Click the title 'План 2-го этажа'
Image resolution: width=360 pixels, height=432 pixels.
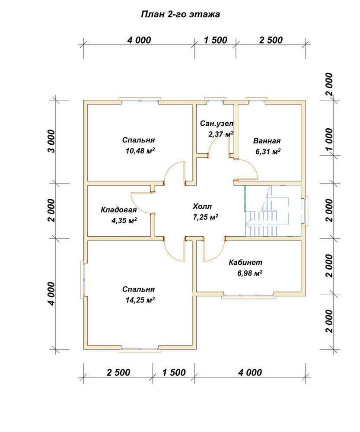tap(180, 14)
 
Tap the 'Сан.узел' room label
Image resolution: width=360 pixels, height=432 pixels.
tap(217, 124)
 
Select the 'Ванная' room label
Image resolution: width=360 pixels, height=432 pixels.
tap(267, 141)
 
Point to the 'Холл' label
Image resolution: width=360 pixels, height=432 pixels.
tap(202, 206)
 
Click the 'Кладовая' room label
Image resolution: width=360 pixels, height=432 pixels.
tap(118, 210)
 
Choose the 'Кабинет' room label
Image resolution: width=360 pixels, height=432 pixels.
tap(245, 262)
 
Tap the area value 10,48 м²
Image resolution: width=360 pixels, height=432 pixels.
tap(140, 151)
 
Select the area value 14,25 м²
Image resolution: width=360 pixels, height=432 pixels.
tap(140, 300)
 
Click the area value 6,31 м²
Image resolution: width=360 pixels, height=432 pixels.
tap(268, 152)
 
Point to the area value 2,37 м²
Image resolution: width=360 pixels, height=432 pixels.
tap(221, 134)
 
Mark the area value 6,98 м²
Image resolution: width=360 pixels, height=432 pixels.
tap(250, 273)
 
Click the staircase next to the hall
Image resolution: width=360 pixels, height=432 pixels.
tap(273, 211)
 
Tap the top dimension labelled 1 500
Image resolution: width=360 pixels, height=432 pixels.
tap(216, 40)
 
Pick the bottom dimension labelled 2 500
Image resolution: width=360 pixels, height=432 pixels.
tap(118, 372)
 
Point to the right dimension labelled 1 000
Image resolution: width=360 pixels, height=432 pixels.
tap(330, 140)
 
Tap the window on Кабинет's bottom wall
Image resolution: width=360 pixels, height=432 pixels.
tap(249, 296)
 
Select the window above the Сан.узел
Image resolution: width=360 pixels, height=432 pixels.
tap(215, 100)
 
